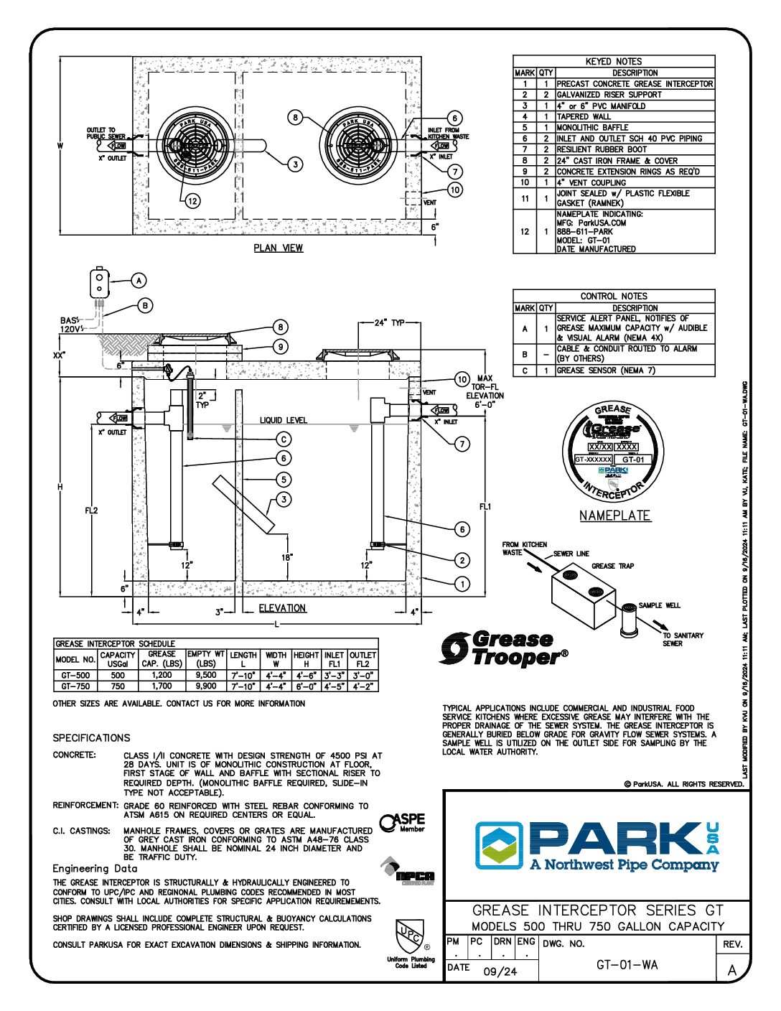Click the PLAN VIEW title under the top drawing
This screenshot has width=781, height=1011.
279,248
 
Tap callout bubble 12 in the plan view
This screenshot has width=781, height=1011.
192,201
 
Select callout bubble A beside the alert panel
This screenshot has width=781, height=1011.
139,281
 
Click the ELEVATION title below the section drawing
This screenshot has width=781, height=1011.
282,608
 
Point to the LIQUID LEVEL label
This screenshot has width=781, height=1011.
284,420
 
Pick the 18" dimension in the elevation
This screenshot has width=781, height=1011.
286,557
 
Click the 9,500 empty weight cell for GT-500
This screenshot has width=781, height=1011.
205,675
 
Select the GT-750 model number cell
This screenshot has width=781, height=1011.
75,686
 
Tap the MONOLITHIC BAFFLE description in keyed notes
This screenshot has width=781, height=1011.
592,127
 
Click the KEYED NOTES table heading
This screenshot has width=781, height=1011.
613,62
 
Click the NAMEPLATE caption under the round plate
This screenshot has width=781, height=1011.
614,516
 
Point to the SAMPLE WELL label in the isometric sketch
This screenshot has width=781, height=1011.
659,605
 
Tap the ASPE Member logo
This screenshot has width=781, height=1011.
403,822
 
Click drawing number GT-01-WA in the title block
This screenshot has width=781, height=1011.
627,964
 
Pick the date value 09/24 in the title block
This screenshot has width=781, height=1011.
500,972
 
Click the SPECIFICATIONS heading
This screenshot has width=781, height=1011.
91,738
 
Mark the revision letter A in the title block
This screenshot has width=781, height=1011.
731,970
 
